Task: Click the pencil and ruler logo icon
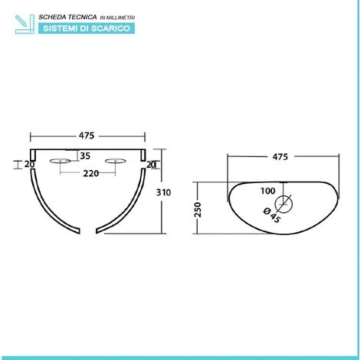[x=25, y=25]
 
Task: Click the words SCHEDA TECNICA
[x=67, y=17]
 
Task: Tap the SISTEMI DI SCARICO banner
[x=87, y=28]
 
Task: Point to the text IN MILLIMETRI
[x=117, y=18]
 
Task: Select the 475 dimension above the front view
[x=87, y=136]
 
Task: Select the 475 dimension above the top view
[x=280, y=157]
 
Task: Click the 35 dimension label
[x=85, y=155]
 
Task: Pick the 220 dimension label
[x=91, y=174]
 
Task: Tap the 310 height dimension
[x=163, y=192]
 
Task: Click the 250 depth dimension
[x=198, y=210]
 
